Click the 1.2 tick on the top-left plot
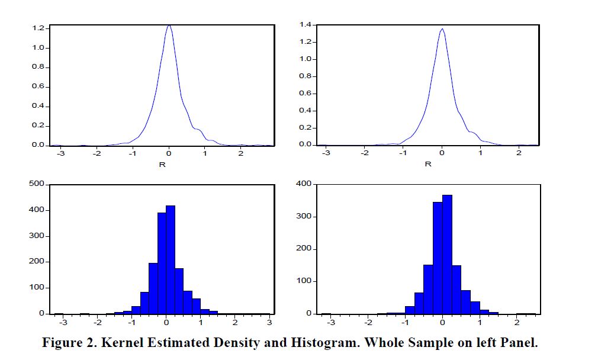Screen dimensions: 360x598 39,28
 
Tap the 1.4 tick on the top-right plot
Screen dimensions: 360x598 306,25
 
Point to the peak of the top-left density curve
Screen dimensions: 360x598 169,25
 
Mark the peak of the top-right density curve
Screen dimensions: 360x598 442,29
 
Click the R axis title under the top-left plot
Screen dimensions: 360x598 162,164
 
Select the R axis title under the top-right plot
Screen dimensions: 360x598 428,164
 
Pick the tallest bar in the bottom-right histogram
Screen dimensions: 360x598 448,254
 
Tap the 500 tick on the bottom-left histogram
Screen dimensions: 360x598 37,184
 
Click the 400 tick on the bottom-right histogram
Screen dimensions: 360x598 304,184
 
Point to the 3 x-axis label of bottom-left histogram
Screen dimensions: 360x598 269,323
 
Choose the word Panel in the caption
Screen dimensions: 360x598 519,343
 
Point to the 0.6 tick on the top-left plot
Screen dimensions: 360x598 39,86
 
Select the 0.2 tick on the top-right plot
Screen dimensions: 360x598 306,128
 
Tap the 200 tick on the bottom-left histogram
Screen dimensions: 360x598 37,262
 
